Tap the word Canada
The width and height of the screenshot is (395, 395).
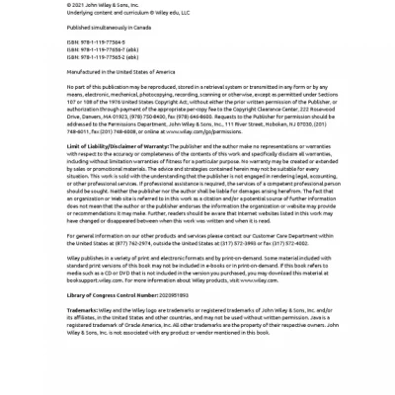pyautogui.click(x=129, y=28)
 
